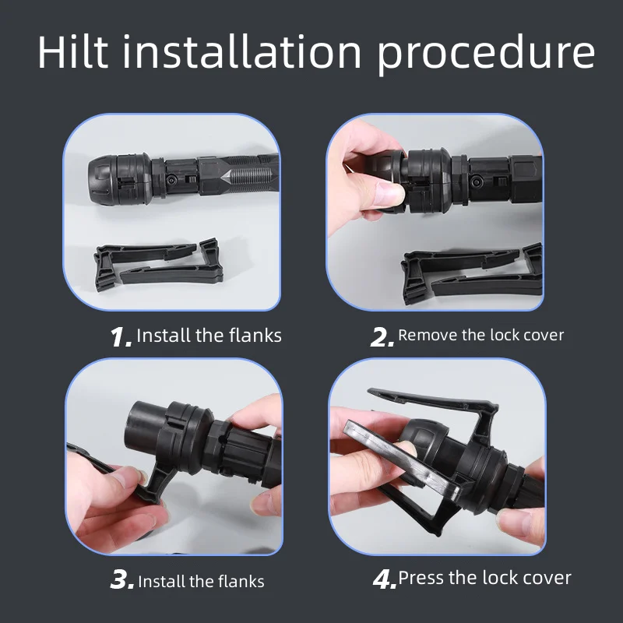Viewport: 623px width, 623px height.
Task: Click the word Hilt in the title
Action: click(72, 52)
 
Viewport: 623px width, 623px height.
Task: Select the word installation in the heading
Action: click(242, 52)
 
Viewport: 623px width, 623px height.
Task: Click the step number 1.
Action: click(121, 337)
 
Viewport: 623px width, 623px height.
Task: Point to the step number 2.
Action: click(382, 337)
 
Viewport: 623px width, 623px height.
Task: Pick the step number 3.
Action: click(122, 579)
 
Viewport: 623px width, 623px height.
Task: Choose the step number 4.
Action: click(385, 579)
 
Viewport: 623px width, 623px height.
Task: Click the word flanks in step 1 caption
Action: click(255, 336)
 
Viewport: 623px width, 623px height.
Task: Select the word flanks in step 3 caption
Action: click(241, 581)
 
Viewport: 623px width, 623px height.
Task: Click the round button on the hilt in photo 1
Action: click(171, 179)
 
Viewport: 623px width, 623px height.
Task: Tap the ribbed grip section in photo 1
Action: click(248, 177)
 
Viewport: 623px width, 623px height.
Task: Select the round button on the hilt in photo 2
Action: click(475, 182)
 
